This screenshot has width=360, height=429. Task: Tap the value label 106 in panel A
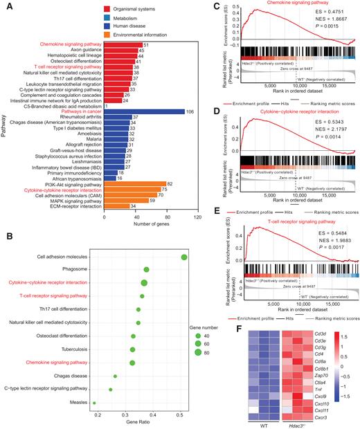click(x=190, y=111)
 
